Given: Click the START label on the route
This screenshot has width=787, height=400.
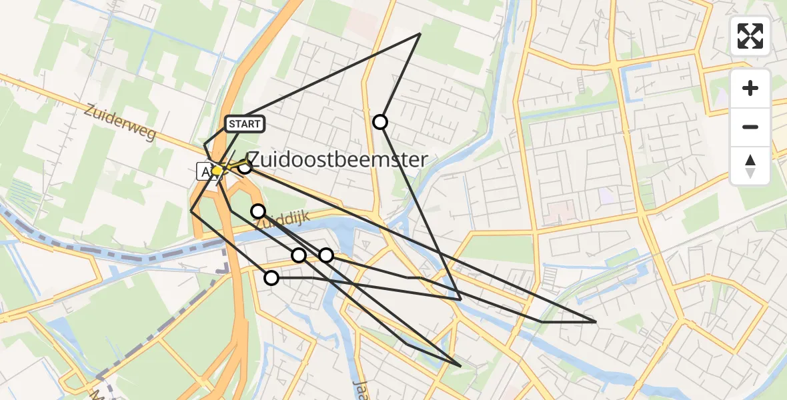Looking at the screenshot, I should click(x=245, y=124).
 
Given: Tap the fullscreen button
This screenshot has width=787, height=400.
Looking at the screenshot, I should click(x=750, y=36).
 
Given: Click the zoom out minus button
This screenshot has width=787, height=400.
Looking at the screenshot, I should click(x=750, y=127).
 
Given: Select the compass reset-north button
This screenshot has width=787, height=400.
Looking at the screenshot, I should click(x=750, y=166).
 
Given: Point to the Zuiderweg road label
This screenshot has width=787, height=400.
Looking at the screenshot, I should click(x=120, y=122).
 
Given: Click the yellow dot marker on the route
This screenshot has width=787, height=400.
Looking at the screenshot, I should click(x=217, y=170).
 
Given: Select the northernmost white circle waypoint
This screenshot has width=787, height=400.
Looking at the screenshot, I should click(x=380, y=121).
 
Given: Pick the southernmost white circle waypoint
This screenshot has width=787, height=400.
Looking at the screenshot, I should click(x=271, y=278).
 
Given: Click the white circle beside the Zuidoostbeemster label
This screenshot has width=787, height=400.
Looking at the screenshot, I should click(x=245, y=167).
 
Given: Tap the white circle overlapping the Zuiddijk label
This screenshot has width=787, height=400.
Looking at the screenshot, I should click(x=258, y=211).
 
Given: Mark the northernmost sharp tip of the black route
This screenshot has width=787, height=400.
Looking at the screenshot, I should click(x=420, y=33).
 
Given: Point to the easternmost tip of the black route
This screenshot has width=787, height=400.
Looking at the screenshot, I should click(x=596, y=322).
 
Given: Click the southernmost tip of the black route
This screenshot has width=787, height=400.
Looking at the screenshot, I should click(x=460, y=367).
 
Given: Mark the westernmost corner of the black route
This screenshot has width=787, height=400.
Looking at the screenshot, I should click(x=191, y=211).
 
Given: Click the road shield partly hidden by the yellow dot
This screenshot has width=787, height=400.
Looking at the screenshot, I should click(x=205, y=171).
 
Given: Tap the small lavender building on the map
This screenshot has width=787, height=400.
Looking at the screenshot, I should click(x=607, y=196).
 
